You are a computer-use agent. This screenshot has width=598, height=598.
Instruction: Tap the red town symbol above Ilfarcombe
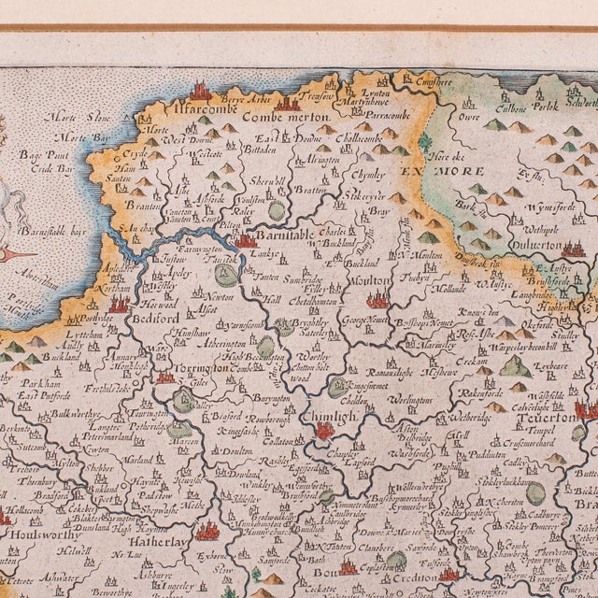click(x=199, y=91)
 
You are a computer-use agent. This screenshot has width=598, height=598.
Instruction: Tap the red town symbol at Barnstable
click(x=247, y=240)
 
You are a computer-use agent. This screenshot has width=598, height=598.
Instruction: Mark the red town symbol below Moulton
click(x=377, y=300)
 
